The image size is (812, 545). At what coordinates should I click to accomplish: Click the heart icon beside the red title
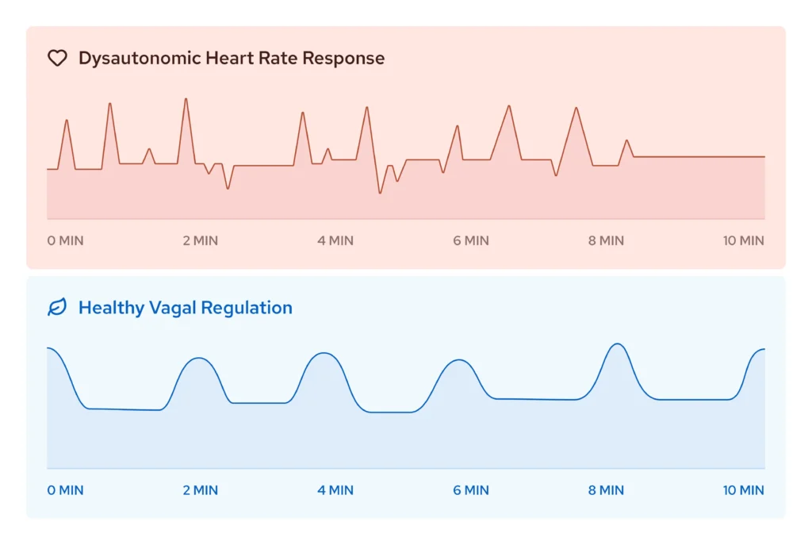tap(57, 58)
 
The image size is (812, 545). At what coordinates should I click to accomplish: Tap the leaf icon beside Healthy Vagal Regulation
tap(57, 308)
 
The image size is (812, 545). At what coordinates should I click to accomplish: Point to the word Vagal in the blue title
tap(174, 308)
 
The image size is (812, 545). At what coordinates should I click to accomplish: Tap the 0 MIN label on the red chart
tap(65, 240)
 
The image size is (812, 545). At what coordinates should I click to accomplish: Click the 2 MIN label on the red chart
tap(200, 240)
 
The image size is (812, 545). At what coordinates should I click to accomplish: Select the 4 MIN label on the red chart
tap(335, 240)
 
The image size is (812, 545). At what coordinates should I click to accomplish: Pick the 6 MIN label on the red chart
tap(471, 240)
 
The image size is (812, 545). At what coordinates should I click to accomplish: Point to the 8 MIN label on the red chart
tap(606, 240)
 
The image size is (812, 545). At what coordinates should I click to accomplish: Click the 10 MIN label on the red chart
tap(744, 240)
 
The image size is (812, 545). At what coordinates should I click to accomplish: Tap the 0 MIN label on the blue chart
tap(65, 490)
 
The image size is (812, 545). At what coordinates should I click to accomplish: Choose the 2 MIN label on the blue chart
tap(200, 490)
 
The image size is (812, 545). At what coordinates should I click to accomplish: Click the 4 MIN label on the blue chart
tap(335, 490)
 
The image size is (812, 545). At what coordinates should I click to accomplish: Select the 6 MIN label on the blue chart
tap(471, 490)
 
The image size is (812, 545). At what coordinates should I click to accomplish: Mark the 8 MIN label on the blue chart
tap(606, 490)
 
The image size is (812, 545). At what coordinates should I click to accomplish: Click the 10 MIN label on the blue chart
tap(744, 490)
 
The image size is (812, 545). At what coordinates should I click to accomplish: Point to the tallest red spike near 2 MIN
tap(186, 99)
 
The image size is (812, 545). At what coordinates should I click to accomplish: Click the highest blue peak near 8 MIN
tap(618, 344)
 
